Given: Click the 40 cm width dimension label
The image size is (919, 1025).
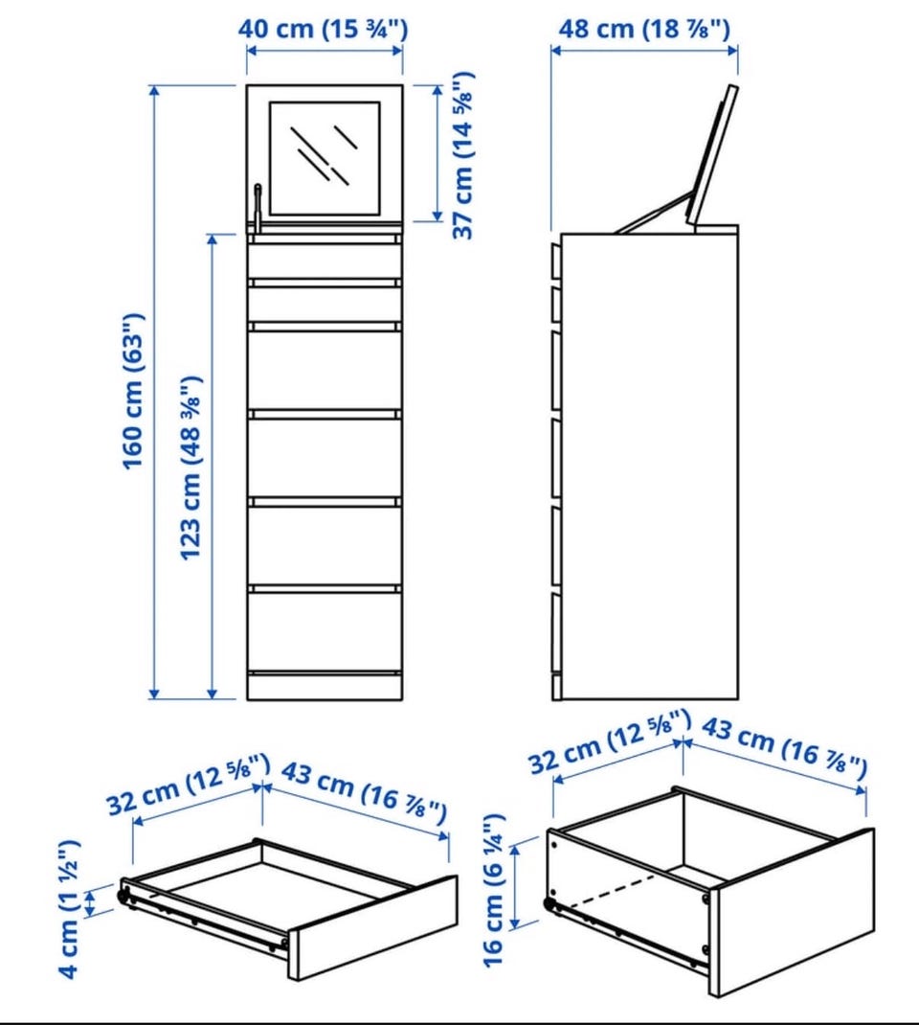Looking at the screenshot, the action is [x=323, y=30].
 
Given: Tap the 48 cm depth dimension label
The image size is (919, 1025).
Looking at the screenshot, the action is [x=644, y=30].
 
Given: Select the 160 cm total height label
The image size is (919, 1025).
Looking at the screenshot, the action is [x=133, y=391].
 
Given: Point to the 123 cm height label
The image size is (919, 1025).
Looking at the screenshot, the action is [x=191, y=467].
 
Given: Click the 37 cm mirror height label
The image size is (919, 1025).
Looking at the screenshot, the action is [x=463, y=155].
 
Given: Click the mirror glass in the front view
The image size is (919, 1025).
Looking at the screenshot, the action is [x=325, y=158].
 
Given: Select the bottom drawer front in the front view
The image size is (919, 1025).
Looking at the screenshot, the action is [x=325, y=631].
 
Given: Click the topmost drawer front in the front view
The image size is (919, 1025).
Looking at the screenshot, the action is [x=325, y=262].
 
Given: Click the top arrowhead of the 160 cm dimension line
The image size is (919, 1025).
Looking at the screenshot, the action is [x=154, y=91].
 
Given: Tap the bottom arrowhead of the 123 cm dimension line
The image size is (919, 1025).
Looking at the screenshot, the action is [x=212, y=693].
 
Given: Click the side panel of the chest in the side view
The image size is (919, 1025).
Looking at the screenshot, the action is [x=650, y=467].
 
